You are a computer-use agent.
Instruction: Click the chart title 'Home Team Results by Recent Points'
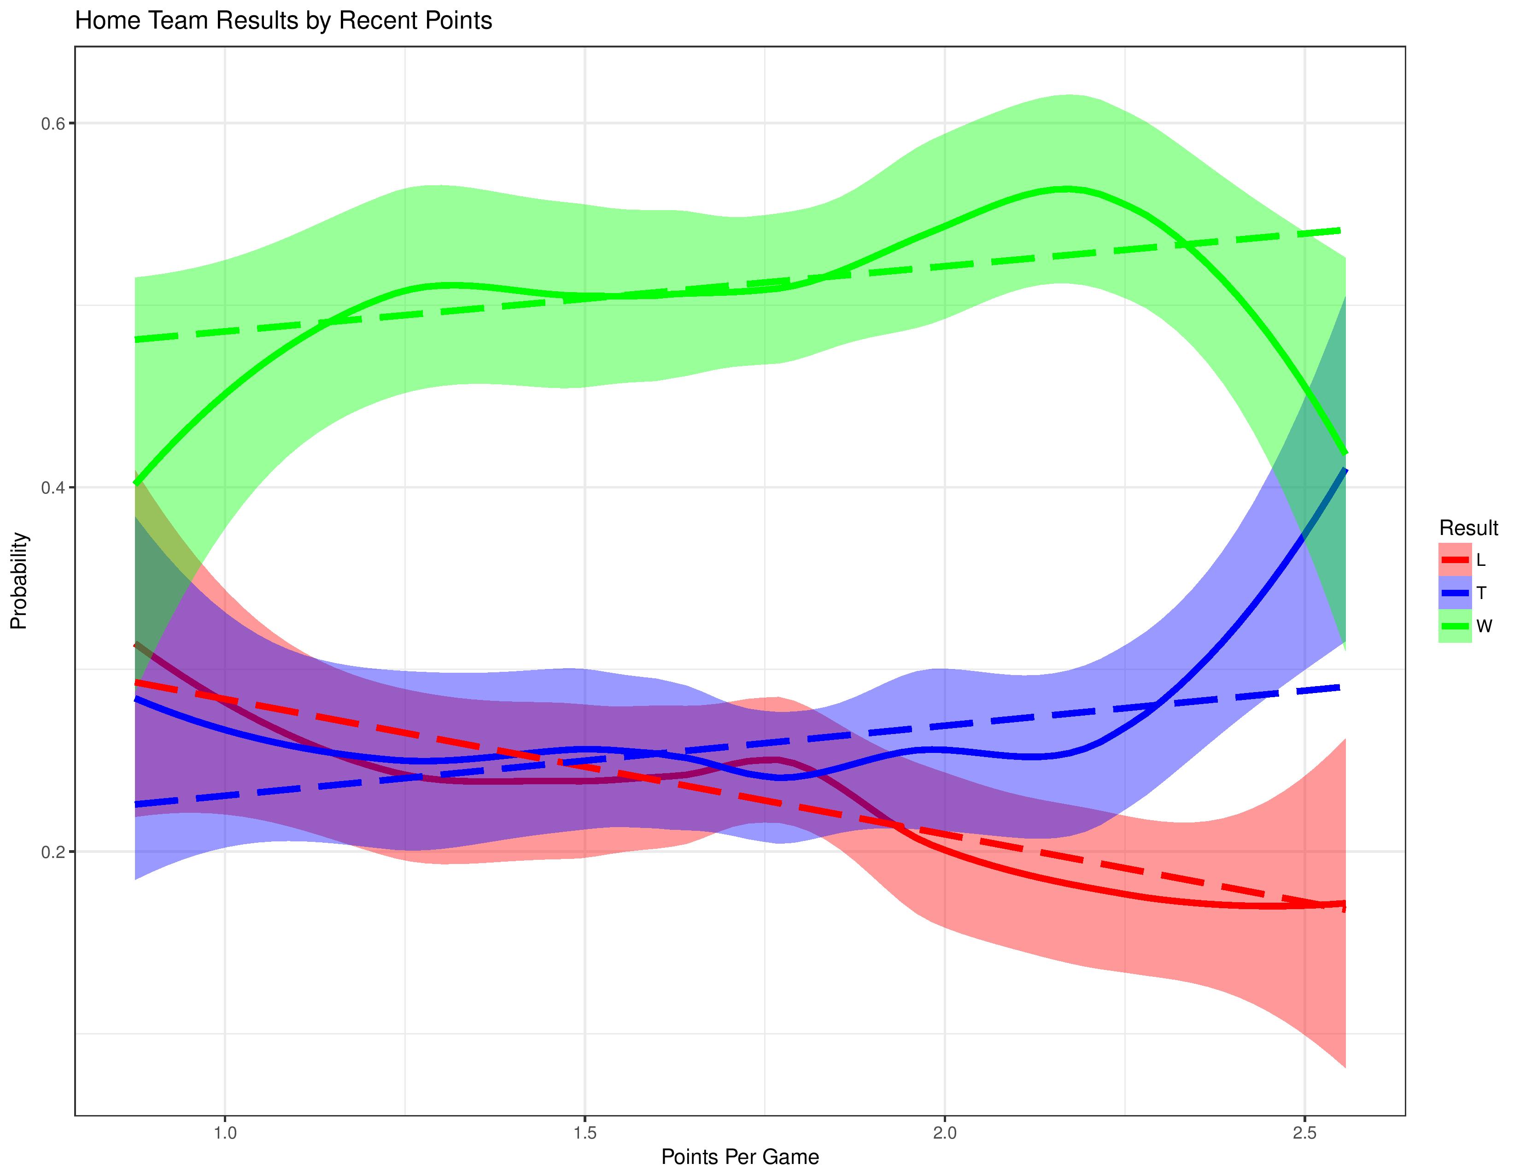[x=283, y=21]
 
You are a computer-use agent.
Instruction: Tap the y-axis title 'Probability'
[x=19, y=581]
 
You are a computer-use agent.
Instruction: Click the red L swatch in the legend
[x=1455, y=560]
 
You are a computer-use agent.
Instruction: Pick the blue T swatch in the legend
[x=1455, y=593]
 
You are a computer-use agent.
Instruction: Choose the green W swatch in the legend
[x=1455, y=626]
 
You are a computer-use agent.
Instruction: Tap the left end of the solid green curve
[x=136, y=483]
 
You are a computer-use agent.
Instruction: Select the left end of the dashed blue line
[x=136, y=805]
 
